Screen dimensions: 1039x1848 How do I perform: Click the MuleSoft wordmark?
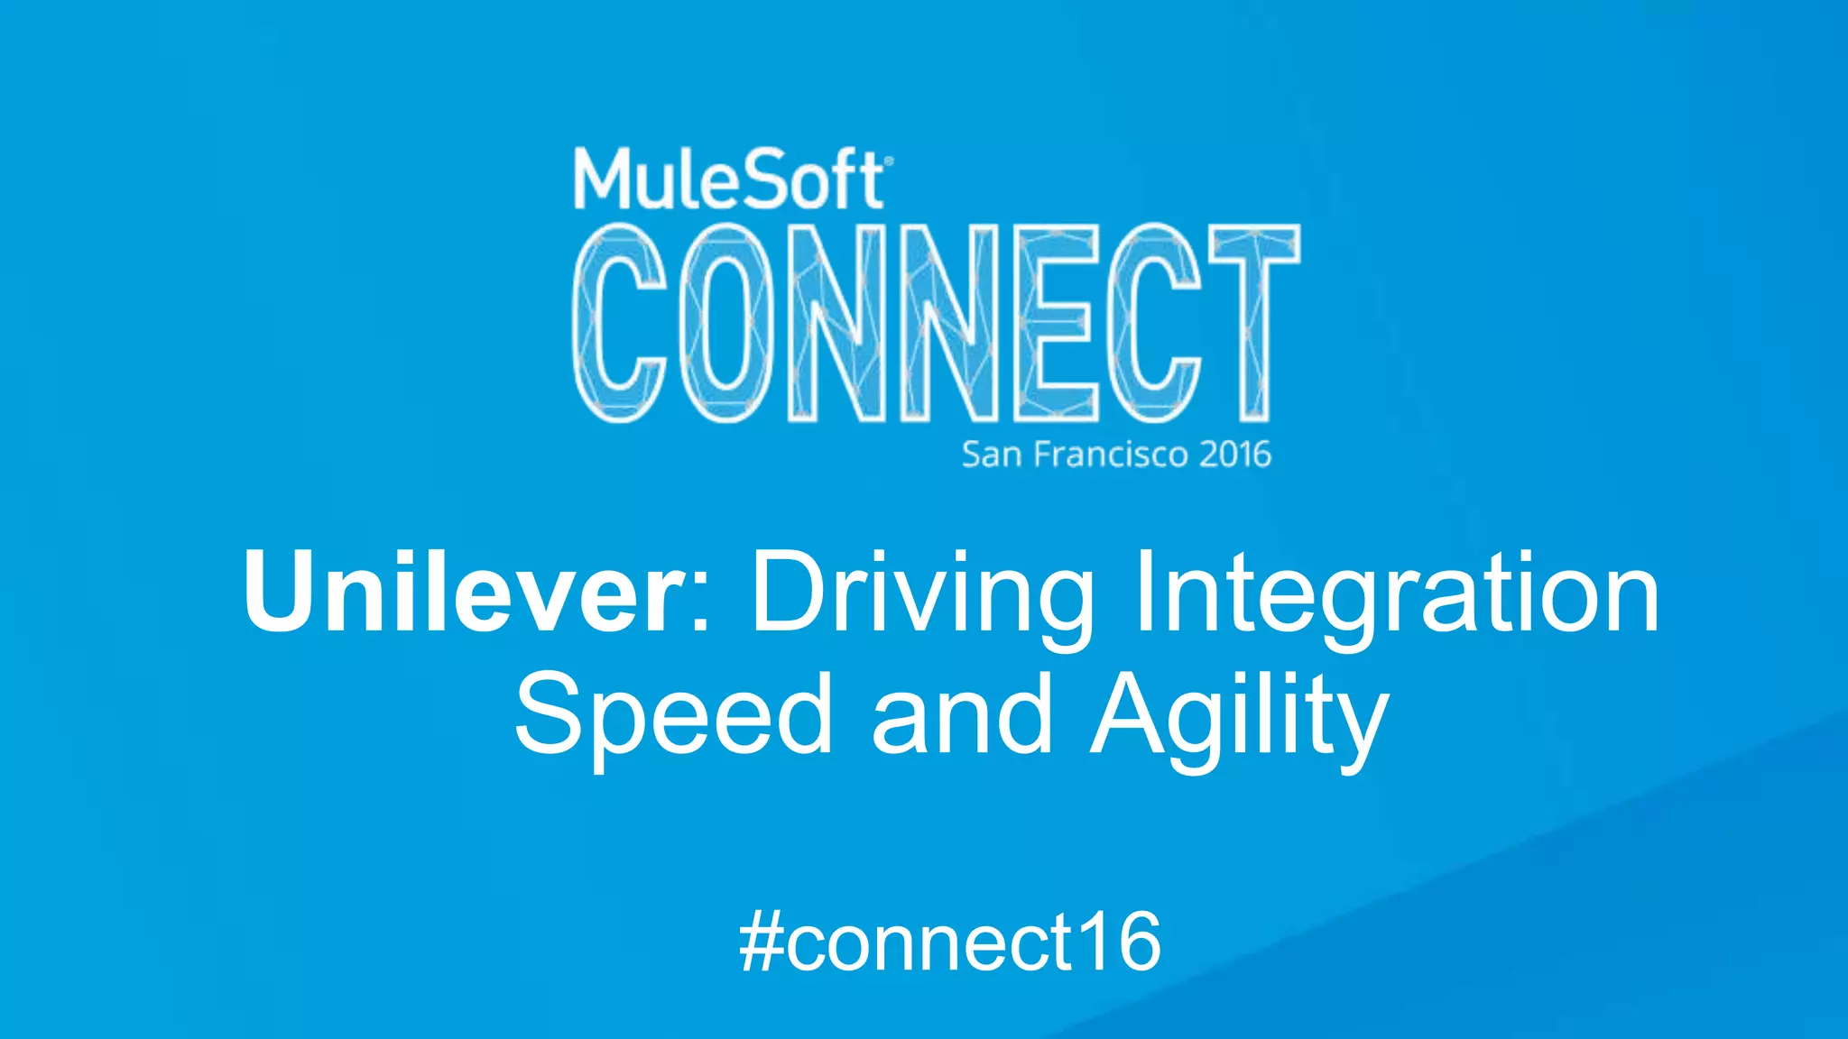pyautogui.click(x=729, y=180)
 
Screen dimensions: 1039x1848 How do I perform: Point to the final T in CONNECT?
pyautogui.click(x=1254, y=323)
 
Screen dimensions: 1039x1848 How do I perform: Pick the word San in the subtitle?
pyautogui.click(x=992, y=455)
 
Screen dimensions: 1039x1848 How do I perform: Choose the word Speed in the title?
pyautogui.click(x=673, y=714)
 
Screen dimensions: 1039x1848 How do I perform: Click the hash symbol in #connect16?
pyautogui.click(x=760, y=942)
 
